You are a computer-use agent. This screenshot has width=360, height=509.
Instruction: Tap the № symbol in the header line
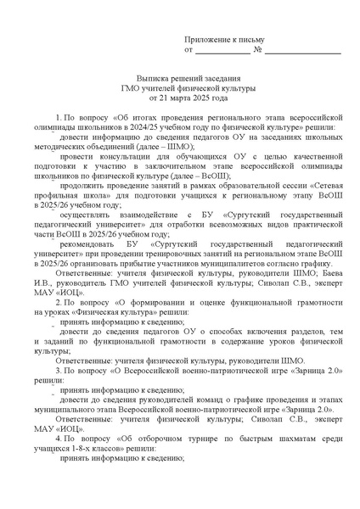[256, 50]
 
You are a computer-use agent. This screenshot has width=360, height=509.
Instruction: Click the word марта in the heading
[177, 98]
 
